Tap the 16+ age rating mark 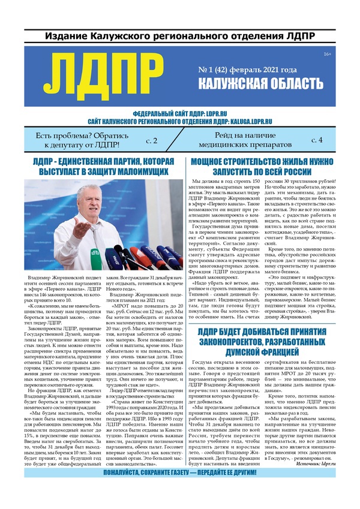click(327, 55)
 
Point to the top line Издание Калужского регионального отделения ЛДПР click(179, 37)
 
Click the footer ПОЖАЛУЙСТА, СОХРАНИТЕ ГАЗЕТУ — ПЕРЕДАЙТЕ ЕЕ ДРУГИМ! click(180, 490)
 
